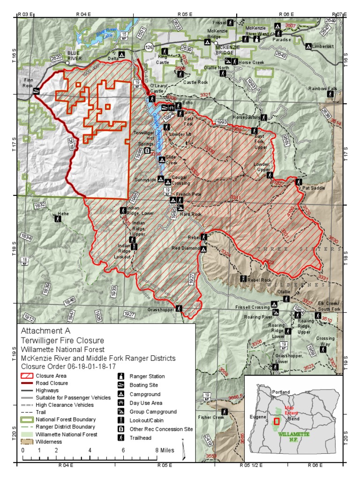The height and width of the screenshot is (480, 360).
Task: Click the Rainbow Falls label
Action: point(322,89)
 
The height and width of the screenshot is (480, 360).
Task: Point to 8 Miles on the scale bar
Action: point(165,450)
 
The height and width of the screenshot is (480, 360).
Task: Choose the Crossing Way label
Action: point(325,341)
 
